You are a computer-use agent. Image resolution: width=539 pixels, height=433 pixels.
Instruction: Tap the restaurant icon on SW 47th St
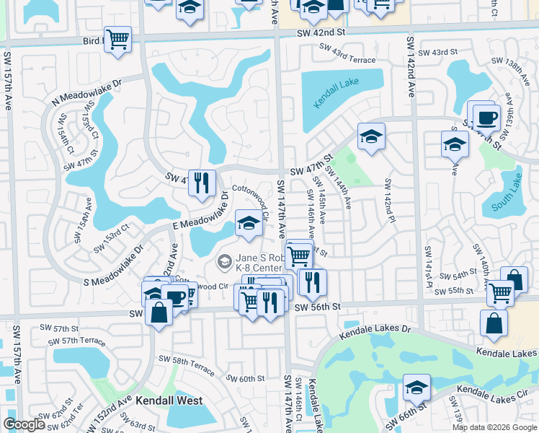coord(202,182)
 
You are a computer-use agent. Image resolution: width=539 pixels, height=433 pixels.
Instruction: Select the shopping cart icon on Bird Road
coord(117,39)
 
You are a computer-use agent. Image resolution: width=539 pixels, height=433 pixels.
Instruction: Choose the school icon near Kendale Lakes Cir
coord(416,388)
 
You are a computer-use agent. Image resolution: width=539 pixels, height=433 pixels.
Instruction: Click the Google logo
coord(24,424)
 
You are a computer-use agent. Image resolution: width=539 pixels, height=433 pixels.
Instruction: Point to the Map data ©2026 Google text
coord(494,427)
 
